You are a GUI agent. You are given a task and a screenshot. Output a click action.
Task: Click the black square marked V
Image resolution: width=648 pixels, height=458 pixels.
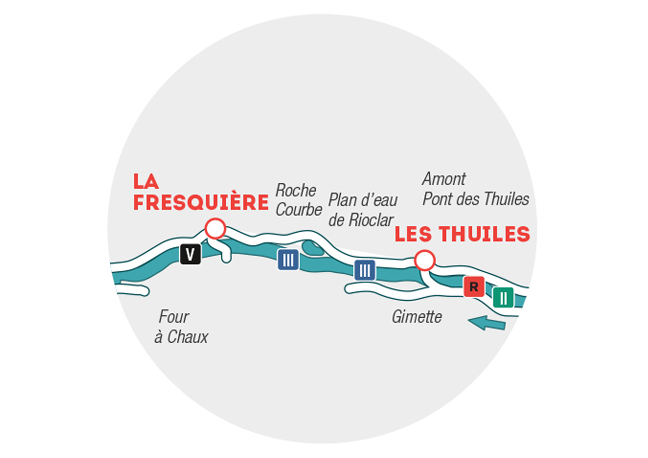[190, 254]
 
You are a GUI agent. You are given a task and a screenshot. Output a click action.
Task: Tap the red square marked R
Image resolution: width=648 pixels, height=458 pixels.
[474, 287]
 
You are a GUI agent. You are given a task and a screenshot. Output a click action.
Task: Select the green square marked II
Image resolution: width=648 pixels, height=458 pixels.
[503, 298]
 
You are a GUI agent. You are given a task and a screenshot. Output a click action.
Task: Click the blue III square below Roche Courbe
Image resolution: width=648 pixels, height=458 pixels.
[288, 260]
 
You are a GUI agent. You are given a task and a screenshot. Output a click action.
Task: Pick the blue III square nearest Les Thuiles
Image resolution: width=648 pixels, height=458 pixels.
[365, 270]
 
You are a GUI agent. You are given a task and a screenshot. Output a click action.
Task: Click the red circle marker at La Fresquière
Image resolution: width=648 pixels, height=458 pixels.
[215, 229]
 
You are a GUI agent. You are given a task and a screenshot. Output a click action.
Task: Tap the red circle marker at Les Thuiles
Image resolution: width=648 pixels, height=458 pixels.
[425, 261]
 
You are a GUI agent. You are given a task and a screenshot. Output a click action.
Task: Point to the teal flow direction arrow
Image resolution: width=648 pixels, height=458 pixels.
[487, 323]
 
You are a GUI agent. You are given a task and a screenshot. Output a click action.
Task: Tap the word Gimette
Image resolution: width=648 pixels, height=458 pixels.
[417, 317]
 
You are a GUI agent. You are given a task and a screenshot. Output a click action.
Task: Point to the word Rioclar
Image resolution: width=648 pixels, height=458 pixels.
[371, 220]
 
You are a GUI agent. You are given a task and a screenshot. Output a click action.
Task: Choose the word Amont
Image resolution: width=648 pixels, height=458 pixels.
[444, 179]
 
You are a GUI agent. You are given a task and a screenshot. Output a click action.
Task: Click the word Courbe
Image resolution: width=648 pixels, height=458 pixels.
[299, 210]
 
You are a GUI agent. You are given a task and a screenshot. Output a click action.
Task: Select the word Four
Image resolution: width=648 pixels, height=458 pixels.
[174, 317]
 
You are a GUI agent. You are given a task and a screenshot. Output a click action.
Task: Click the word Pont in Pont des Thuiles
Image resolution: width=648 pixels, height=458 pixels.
[438, 199]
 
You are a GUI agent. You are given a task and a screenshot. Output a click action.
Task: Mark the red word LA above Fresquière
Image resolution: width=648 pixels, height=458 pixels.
[146, 181]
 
